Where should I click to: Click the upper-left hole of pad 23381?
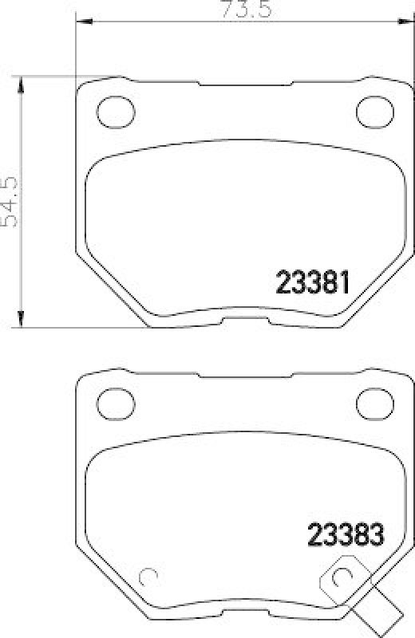111,109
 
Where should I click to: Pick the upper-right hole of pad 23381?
372,109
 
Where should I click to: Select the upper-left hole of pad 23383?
111,399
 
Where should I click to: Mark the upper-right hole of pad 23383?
372,399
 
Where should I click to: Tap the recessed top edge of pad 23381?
245,85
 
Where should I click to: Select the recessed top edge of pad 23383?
245,375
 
